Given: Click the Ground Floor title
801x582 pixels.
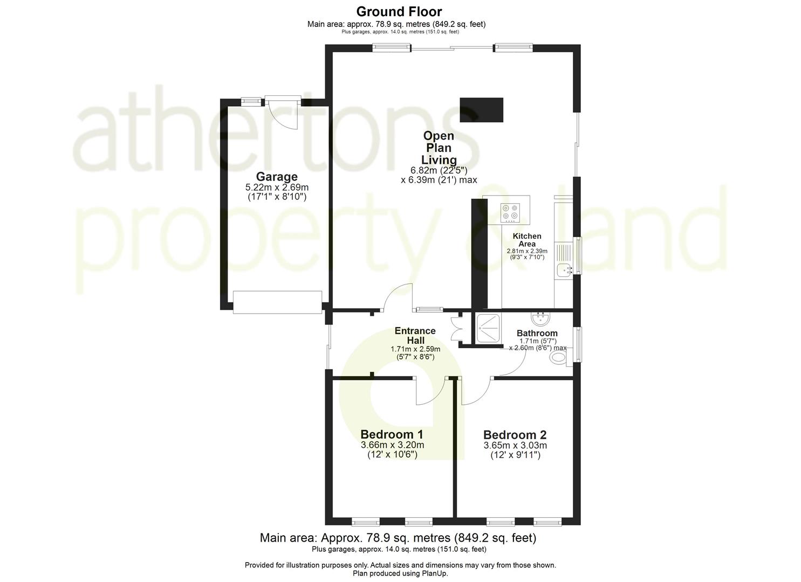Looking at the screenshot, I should [399, 11].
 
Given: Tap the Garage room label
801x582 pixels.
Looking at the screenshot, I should [277, 177].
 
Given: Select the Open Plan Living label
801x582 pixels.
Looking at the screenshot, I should [438, 148].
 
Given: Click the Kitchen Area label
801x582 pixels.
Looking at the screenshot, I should [526, 240].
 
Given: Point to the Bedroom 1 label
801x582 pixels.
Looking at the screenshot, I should [392, 434].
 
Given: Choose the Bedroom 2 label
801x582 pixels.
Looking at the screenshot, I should [515, 435].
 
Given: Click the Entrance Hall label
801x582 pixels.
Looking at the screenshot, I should [415, 335].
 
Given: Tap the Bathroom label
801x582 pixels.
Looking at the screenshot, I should [537, 333].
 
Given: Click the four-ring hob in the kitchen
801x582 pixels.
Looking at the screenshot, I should [510, 212].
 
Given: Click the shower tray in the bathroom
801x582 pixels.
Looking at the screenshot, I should [487, 328].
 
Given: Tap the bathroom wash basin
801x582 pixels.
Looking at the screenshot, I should [540, 317].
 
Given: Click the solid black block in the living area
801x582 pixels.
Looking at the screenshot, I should [481, 110].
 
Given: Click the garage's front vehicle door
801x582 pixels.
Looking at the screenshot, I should [277, 302].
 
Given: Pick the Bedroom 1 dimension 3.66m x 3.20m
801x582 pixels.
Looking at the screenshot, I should [392, 445].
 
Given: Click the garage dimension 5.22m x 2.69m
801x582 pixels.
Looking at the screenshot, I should [277, 188].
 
